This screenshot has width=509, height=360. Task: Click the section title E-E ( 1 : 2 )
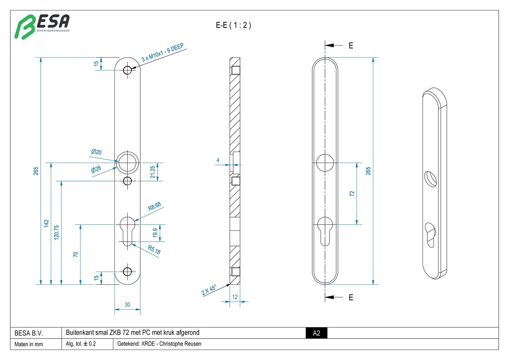(233, 25)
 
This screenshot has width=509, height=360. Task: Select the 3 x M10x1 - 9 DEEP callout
(163, 53)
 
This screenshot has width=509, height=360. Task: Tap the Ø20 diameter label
(96, 152)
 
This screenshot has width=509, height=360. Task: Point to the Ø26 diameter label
(96, 169)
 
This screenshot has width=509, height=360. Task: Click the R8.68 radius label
(155, 206)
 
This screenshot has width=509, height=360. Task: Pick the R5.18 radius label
(154, 251)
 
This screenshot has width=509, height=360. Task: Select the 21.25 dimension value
(153, 172)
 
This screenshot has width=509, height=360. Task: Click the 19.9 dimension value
(155, 233)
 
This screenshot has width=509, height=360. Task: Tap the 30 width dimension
(127, 305)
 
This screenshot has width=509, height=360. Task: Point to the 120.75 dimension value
(57, 234)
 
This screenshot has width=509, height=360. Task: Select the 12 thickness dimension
(235, 297)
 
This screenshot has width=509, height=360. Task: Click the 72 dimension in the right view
(352, 193)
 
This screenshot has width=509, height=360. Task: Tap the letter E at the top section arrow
(351, 46)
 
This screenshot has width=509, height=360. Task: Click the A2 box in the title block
(316, 333)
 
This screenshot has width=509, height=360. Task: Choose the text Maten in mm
(29, 344)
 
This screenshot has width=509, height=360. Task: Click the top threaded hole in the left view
(128, 70)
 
